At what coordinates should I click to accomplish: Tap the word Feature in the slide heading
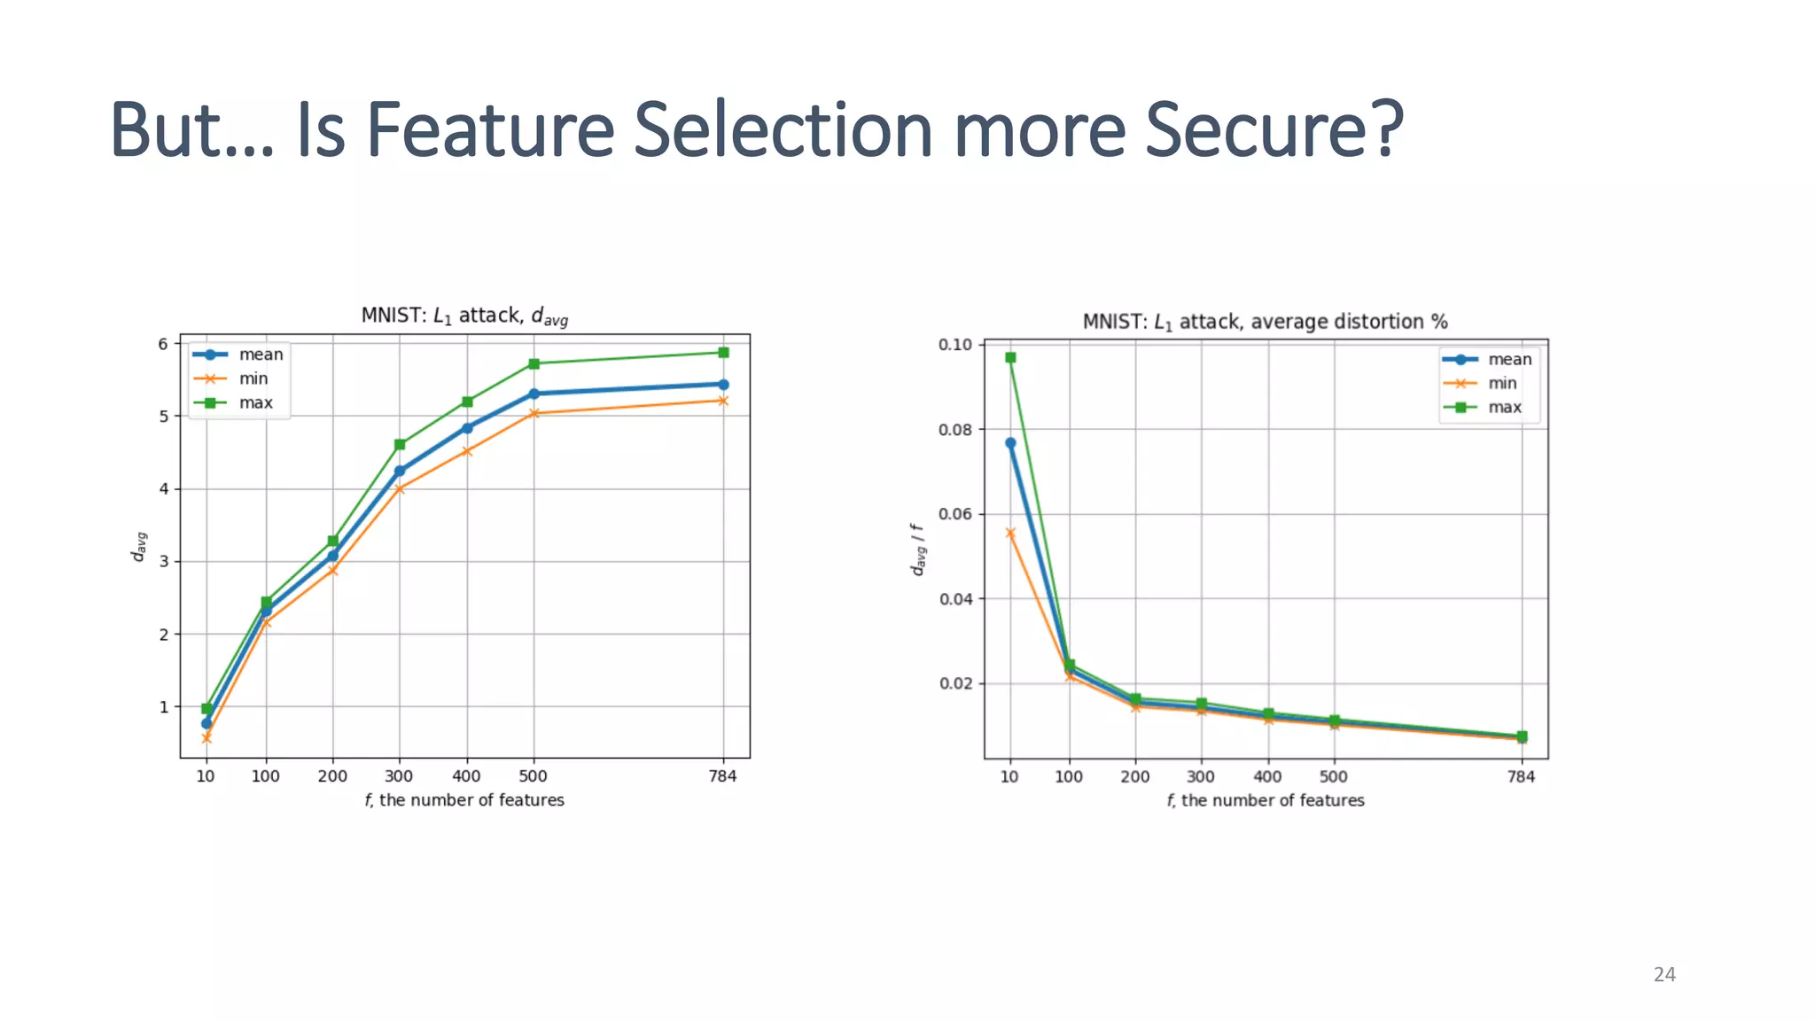(490, 130)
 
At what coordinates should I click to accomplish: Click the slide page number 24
(1664, 974)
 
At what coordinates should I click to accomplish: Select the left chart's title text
(464, 316)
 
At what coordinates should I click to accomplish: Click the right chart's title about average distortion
(1265, 322)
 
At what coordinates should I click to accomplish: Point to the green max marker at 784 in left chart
(723, 353)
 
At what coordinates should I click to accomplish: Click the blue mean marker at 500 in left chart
(534, 394)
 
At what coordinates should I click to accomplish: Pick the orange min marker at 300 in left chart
(399, 488)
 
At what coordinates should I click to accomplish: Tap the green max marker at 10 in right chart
(1010, 358)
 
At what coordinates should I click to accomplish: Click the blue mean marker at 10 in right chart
(1010, 443)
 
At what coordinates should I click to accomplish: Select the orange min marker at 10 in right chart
(1010, 534)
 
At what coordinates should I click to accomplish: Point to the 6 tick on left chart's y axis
(163, 344)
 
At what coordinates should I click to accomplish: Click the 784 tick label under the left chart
(722, 776)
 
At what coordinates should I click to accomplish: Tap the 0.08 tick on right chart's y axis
(955, 430)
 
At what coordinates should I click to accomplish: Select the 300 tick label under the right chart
(1201, 777)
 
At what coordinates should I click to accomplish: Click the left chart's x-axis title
(464, 800)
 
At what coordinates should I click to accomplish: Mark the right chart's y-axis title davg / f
(918, 549)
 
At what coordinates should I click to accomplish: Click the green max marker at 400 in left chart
(467, 402)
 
